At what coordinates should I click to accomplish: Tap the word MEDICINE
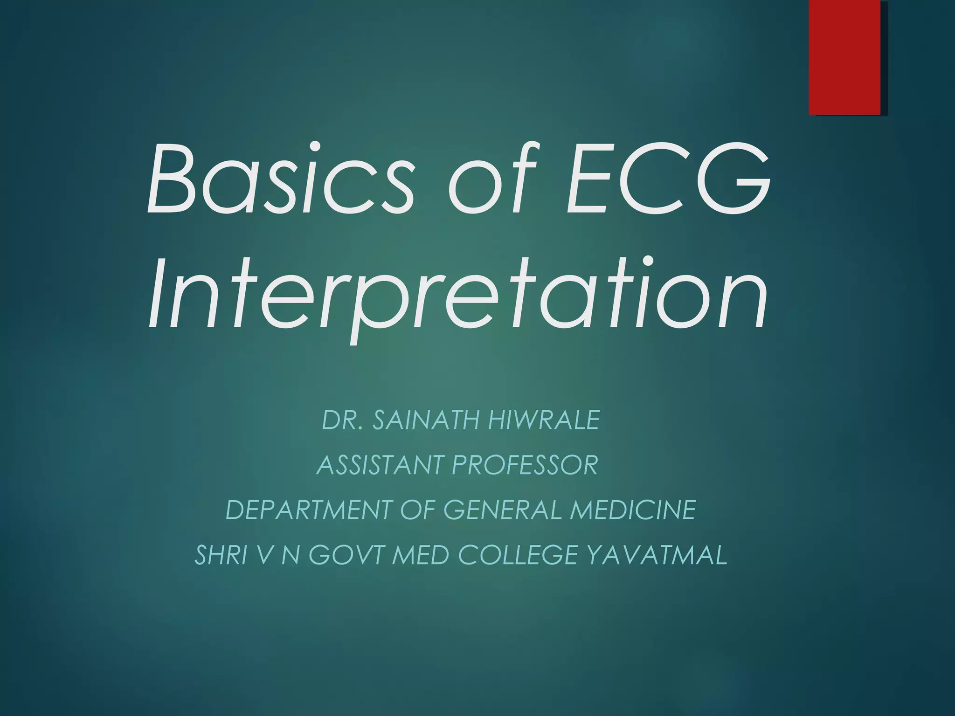pyautogui.click(x=633, y=509)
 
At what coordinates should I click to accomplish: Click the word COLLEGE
pyautogui.click(x=517, y=555)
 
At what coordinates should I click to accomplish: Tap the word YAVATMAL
pyautogui.click(x=657, y=555)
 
